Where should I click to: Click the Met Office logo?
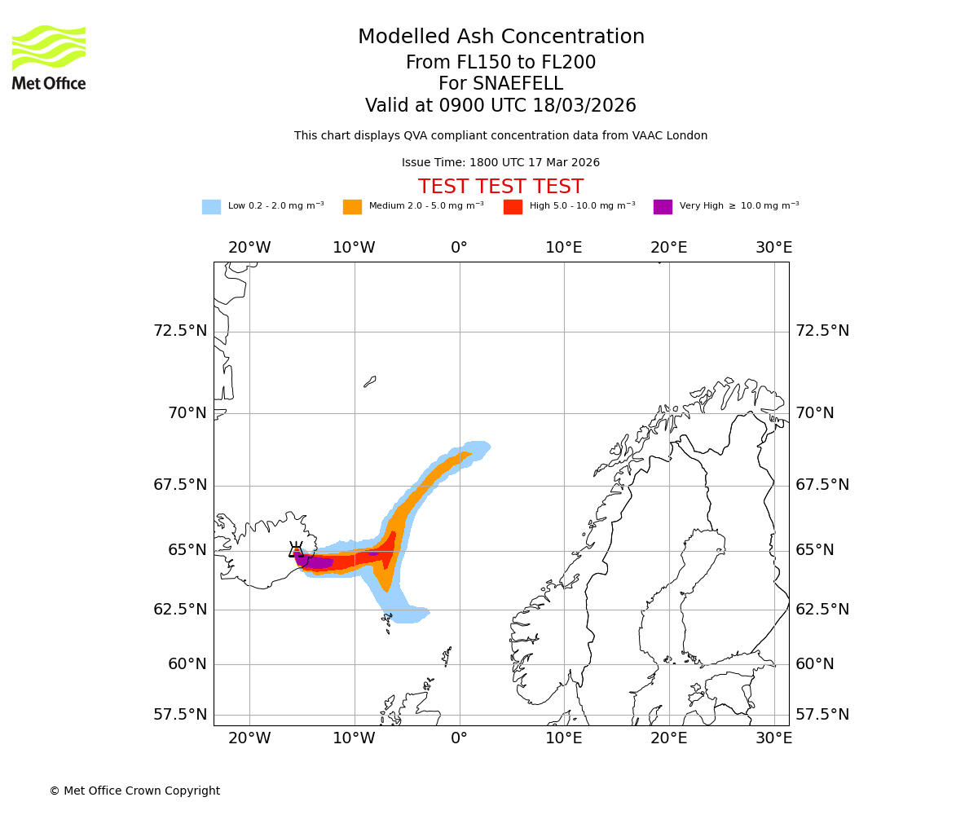[49, 57]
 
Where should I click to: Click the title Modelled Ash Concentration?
[500, 37]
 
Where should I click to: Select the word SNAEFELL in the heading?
[520, 84]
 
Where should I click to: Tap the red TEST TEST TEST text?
[500, 187]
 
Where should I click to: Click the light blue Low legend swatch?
[211, 207]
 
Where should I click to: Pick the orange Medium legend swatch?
[352, 207]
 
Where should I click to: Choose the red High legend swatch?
[513, 207]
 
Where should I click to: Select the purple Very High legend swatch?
[663, 207]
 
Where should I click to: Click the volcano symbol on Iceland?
[296, 550]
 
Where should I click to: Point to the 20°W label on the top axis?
[249, 248]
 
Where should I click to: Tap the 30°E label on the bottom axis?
[773, 738]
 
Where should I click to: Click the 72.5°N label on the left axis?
[180, 331]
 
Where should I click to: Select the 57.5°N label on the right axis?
[822, 715]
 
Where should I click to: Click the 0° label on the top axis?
[459, 248]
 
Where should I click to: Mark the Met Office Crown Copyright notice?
[134, 791]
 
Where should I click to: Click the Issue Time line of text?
[500, 163]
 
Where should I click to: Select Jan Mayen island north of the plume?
[370, 381]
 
